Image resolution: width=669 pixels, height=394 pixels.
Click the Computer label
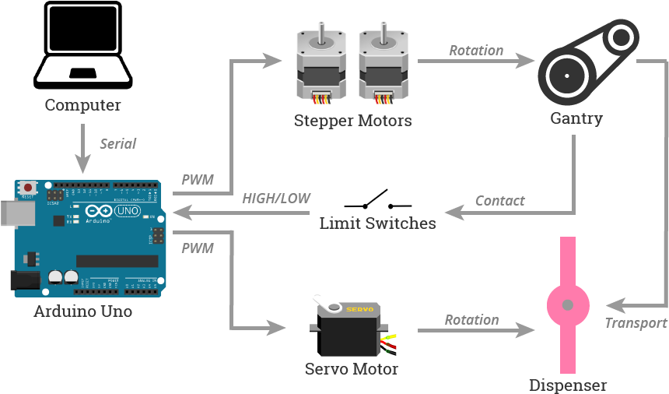pyautogui.click(x=82, y=105)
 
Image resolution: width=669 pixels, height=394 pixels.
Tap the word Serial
pyautogui.click(x=117, y=143)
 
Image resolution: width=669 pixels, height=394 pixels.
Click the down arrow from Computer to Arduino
pyautogui.click(x=82, y=152)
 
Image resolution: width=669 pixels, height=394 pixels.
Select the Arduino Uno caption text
pyautogui.click(x=82, y=311)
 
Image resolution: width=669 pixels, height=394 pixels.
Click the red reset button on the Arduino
pyautogui.click(x=28, y=188)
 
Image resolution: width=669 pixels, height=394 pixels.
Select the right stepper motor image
pyautogui.click(x=384, y=61)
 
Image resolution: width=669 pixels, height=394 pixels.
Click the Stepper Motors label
pyautogui.click(x=352, y=121)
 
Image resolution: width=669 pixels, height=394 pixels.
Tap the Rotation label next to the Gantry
pyautogui.click(x=476, y=51)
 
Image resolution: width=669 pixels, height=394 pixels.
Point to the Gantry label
pyautogui.click(x=576, y=118)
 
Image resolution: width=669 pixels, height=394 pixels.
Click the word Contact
pyautogui.click(x=499, y=201)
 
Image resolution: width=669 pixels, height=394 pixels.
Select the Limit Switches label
pyautogui.click(x=377, y=223)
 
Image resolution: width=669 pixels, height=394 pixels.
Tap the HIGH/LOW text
pyautogui.click(x=275, y=199)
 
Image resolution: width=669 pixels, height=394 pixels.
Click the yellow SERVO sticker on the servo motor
pyautogui.click(x=360, y=309)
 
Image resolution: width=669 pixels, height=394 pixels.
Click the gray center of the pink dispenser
pyautogui.click(x=568, y=304)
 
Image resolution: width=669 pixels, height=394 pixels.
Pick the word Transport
pyautogui.click(x=636, y=323)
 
